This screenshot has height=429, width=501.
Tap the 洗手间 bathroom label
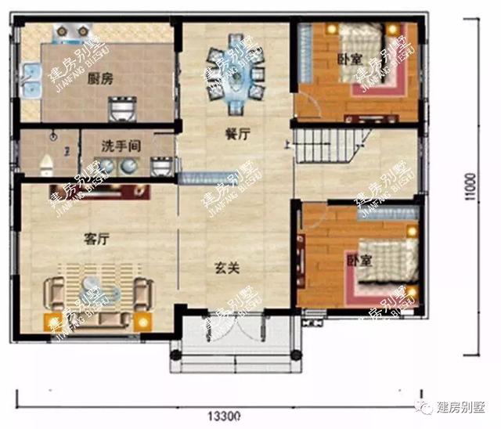pos(120,146)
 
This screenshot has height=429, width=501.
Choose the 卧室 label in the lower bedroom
pos(358,258)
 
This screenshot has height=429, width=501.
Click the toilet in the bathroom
pos(46,162)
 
